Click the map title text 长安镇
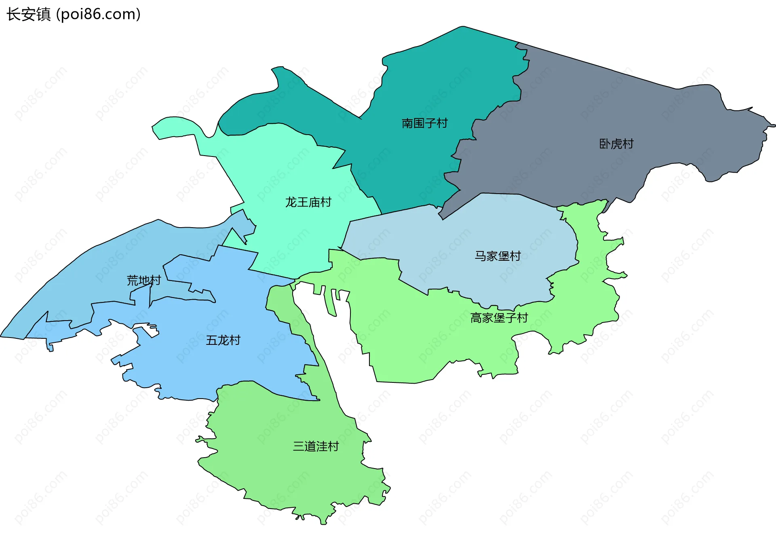point(28,15)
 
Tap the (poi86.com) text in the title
point(98,15)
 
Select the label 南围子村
point(424,123)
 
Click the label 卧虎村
point(616,144)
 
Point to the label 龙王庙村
point(308,202)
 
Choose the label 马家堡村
point(498,256)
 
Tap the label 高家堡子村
point(499,318)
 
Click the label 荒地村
point(144,280)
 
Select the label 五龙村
point(223,340)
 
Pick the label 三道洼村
point(316,446)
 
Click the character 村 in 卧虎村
point(628,144)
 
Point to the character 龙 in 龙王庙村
point(291,202)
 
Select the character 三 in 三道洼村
point(299,446)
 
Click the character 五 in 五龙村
point(212,340)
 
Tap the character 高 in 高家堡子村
point(476,318)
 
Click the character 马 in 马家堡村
point(480,256)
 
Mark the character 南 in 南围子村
point(407,123)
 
